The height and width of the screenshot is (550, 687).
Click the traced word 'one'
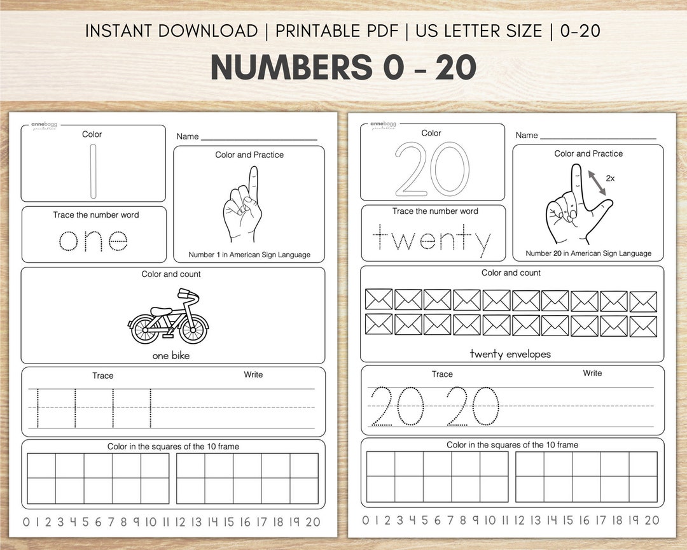93,240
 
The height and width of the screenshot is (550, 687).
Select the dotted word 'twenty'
432,240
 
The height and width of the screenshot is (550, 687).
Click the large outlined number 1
94,171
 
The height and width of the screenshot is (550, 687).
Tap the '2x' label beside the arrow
610,179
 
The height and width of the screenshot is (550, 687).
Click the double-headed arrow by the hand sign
596,181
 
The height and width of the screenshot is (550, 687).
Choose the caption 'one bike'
171,356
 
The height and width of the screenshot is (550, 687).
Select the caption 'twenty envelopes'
510,354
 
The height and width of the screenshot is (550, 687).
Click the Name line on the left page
259,138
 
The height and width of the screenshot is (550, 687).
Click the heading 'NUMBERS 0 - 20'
343,68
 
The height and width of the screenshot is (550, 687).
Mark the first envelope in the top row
379,300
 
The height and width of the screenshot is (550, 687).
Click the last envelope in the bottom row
643,326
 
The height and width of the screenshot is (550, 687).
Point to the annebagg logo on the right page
383,125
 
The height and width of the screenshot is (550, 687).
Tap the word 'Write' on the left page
253,375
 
